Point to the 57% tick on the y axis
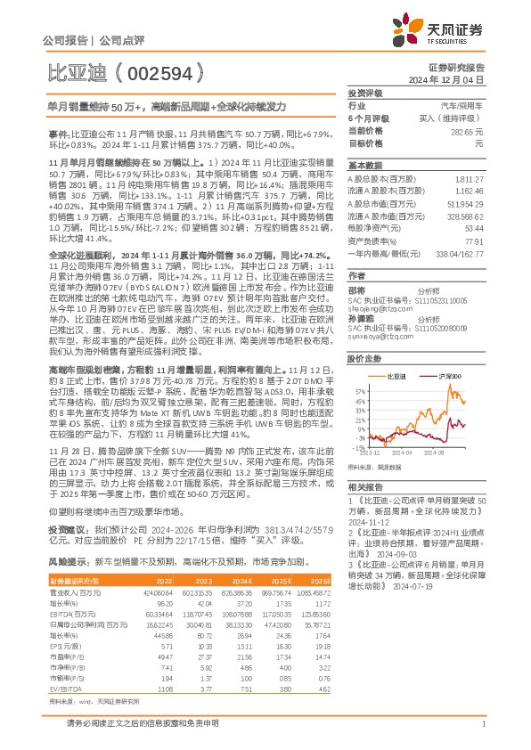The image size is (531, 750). tap(357, 391)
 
